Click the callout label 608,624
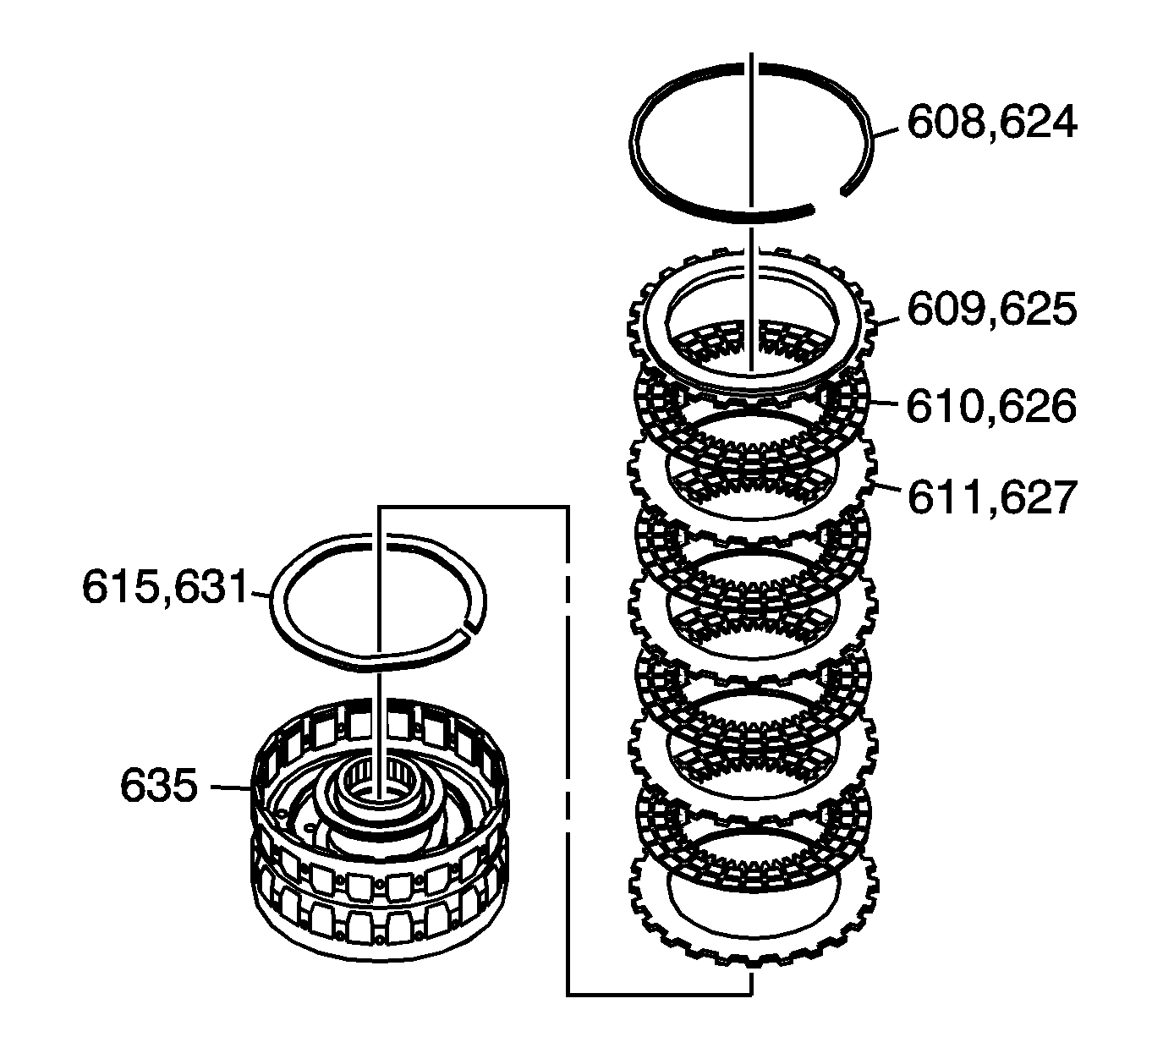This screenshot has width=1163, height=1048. tap(991, 123)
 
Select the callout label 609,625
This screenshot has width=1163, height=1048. tap(991, 310)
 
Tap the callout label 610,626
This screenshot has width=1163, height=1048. tap(991, 407)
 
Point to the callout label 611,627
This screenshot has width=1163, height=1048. tap(991, 497)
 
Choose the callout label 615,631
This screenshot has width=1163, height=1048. tap(167, 587)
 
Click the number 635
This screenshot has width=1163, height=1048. tap(158, 787)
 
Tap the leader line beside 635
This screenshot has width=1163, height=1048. tap(230, 787)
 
